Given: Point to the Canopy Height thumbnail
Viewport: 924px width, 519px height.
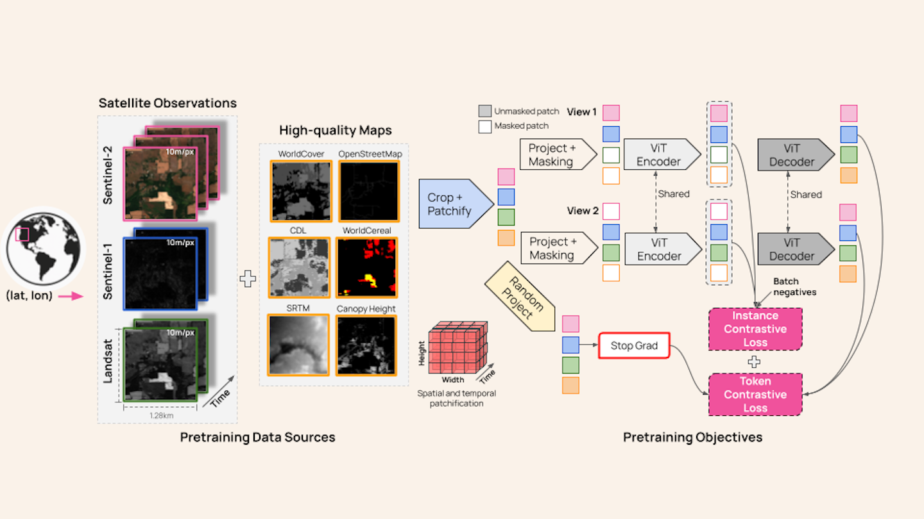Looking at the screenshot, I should [366, 347].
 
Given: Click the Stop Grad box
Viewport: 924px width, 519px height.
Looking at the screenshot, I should [634, 345].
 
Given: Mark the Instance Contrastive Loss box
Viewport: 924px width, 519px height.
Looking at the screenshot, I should [755, 329].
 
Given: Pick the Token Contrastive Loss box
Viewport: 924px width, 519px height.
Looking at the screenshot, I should [755, 395].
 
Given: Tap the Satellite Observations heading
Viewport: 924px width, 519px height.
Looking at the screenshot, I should [167, 103].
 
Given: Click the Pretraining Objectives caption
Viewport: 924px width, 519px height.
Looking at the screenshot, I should [692, 438].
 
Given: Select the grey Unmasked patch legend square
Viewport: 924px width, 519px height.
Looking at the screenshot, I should [485, 111].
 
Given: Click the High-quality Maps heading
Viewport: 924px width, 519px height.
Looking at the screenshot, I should [335, 131].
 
